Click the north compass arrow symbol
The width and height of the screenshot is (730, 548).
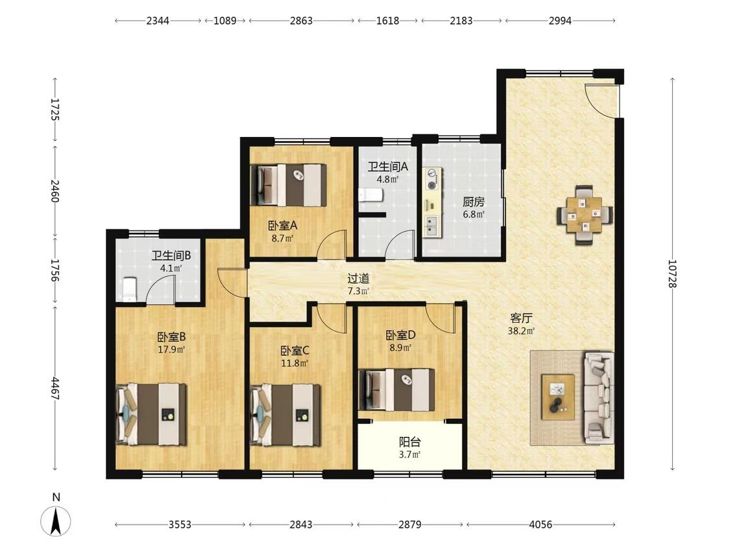click(56, 521)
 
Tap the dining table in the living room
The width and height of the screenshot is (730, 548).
click(585, 215)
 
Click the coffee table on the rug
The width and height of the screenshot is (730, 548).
click(557, 397)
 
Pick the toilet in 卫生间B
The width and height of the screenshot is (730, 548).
click(129, 290)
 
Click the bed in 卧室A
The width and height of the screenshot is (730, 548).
click(288, 184)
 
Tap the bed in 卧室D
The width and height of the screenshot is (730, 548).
click(396, 390)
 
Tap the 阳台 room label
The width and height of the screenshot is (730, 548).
click(409, 442)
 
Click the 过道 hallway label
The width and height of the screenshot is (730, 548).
click(358, 279)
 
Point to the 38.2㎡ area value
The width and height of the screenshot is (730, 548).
click(521, 331)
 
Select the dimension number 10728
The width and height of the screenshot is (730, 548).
click(672, 273)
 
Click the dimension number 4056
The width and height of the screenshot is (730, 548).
click(541, 525)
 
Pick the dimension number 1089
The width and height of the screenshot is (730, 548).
click(225, 21)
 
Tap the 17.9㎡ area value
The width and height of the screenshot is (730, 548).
click(171, 349)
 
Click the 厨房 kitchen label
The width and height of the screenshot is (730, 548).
click(474, 202)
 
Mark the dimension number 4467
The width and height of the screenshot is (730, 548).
click(55, 389)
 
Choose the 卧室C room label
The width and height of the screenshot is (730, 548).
click(295, 351)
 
